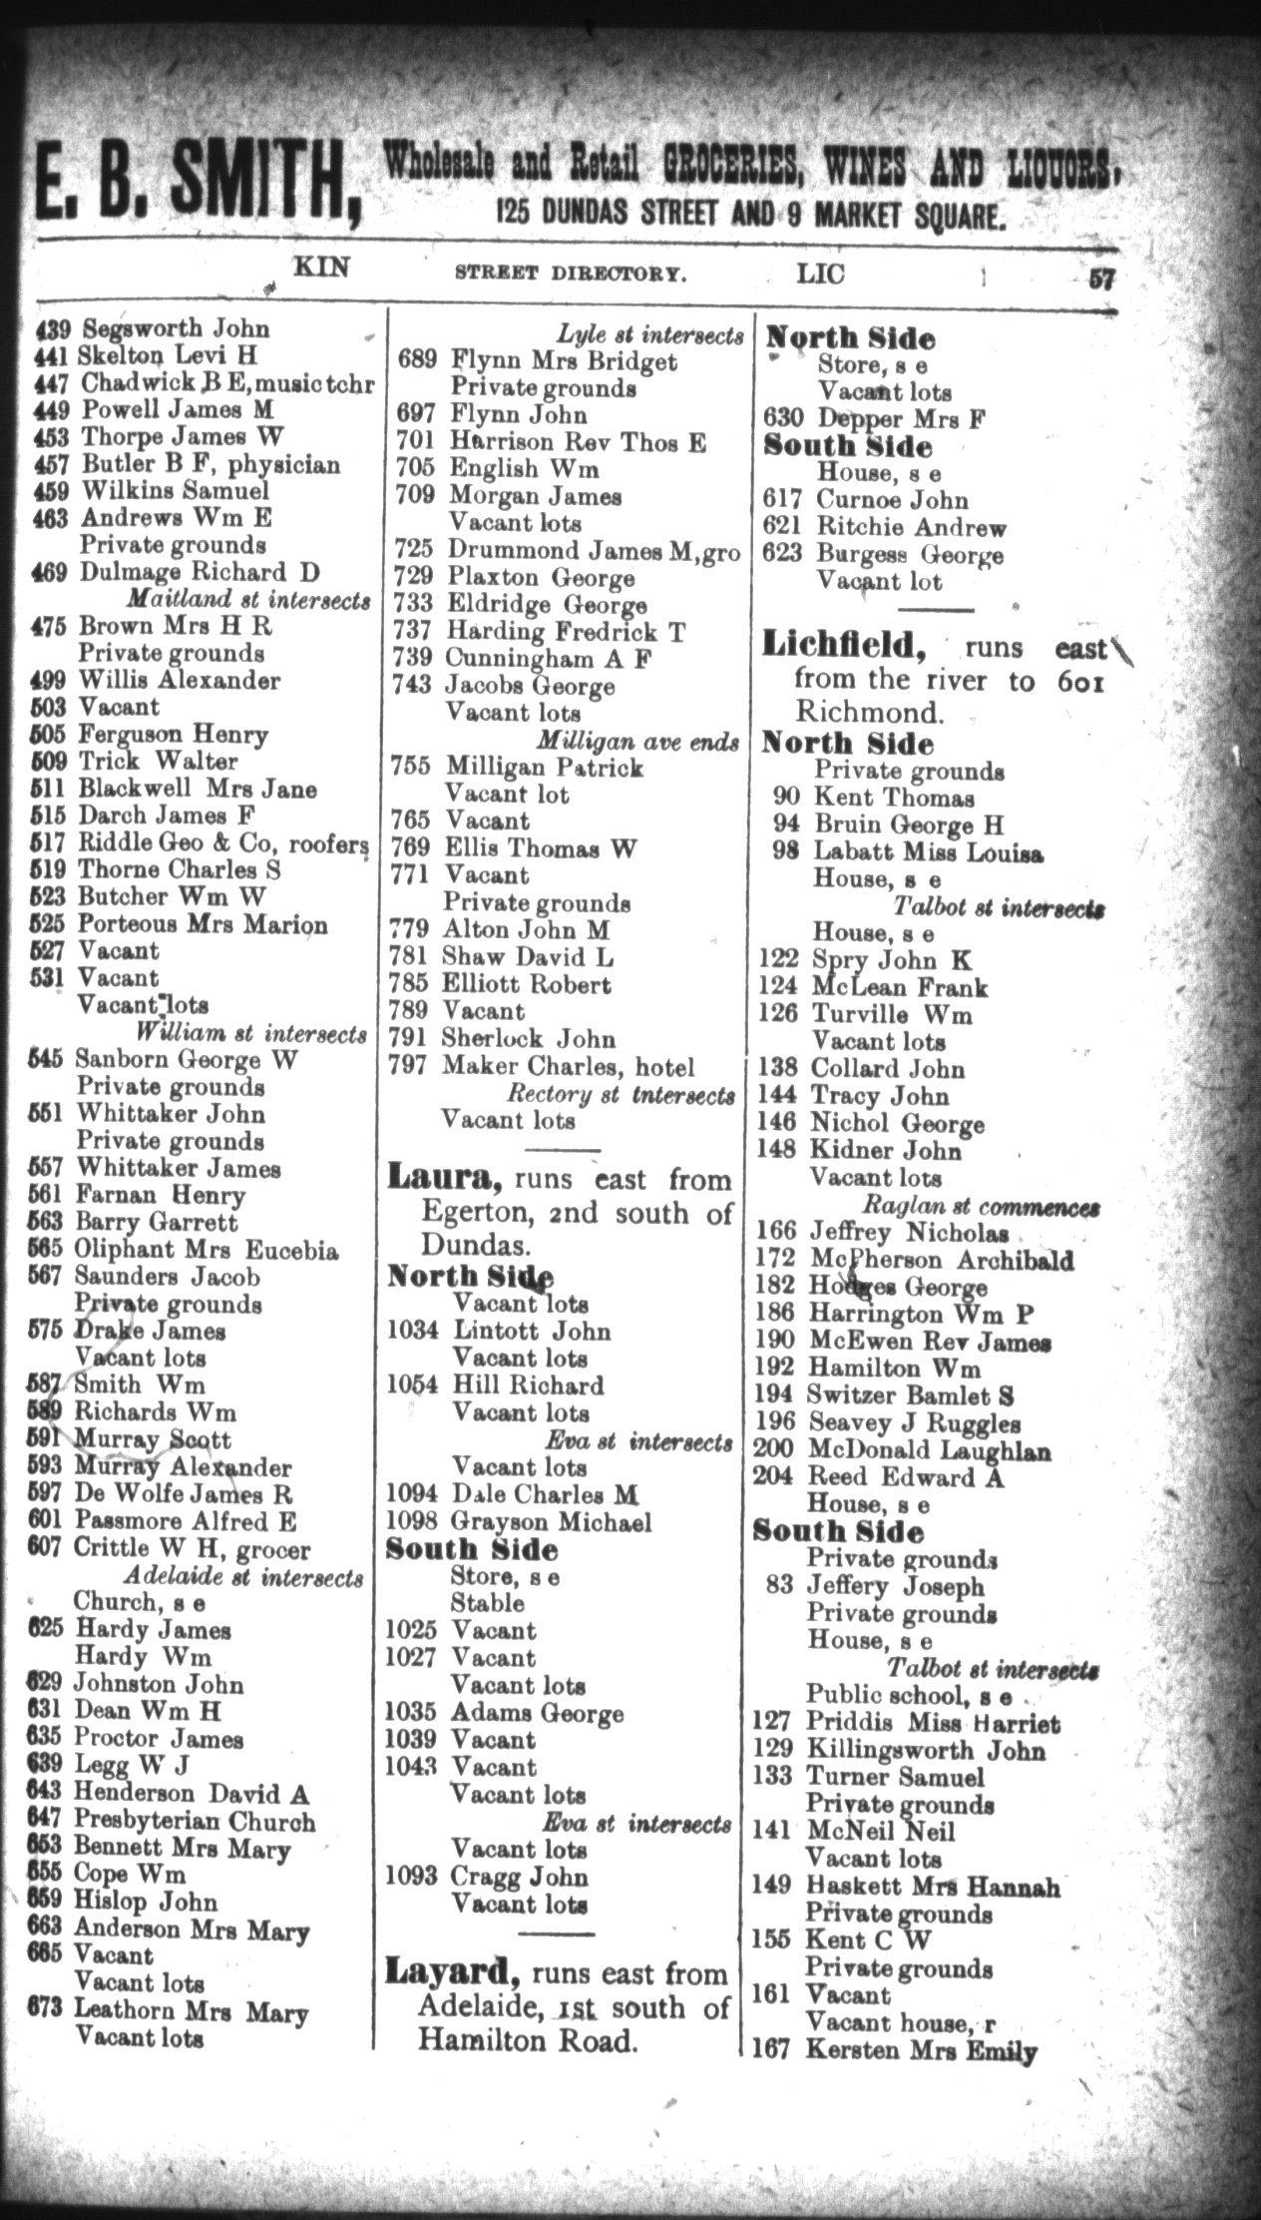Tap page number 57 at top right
coord(1101,280)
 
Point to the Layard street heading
coord(451,1973)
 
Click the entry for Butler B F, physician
coord(210,464)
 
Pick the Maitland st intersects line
coord(248,600)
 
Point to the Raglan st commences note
coord(981,1206)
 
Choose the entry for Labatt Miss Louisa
coord(928,852)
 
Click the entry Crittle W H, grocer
coord(192,1549)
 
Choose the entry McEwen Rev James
coord(929,1342)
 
